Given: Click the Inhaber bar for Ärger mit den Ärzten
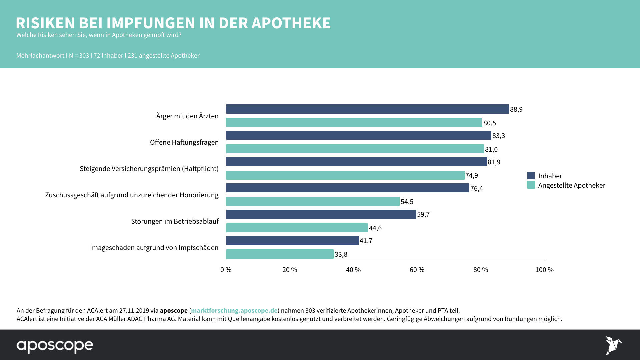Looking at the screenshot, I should [x=367, y=109].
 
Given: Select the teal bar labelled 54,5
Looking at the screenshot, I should [x=313, y=201].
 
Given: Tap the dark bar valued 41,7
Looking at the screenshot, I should [x=292, y=240].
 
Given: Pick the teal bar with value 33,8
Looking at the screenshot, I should [x=280, y=254].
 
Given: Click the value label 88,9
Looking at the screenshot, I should [x=516, y=109].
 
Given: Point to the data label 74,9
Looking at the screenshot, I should [x=471, y=175].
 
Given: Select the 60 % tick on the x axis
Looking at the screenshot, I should [x=417, y=270].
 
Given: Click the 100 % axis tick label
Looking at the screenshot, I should [x=544, y=270].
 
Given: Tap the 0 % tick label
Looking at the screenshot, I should [x=226, y=270].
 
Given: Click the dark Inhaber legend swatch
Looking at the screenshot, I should [x=531, y=176].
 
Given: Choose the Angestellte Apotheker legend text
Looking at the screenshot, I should [x=571, y=185].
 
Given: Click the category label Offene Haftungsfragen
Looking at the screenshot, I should [x=184, y=142].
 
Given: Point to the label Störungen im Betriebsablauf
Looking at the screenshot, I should [x=175, y=221].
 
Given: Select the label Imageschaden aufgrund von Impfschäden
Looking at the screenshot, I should [x=154, y=248].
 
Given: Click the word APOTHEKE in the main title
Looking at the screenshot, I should [x=291, y=23].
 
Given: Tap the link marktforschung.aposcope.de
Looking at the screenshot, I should [x=234, y=310].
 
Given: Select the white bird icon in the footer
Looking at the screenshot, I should [x=613, y=345].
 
